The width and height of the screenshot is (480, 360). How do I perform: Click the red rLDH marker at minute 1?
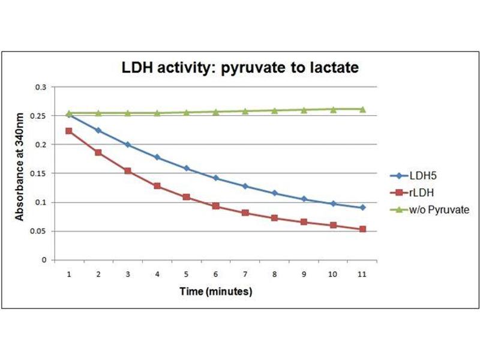(x=69, y=131)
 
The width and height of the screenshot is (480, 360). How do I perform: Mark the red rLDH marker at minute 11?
(x=362, y=229)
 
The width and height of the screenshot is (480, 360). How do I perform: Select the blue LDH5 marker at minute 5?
(x=186, y=169)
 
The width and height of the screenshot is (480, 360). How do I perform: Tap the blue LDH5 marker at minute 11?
(x=362, y=208)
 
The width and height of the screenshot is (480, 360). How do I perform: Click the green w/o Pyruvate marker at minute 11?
(x=362, y=109)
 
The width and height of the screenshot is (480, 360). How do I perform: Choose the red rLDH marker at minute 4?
(x=157, y=186)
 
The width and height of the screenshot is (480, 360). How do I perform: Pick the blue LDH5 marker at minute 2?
(x=98, y=130)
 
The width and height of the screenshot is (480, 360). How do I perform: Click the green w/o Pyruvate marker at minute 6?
(x=215, y=112)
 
